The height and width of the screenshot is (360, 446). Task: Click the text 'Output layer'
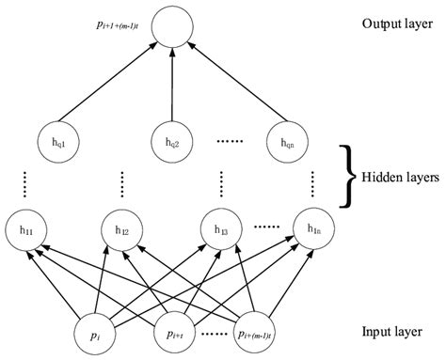click(390, 23)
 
